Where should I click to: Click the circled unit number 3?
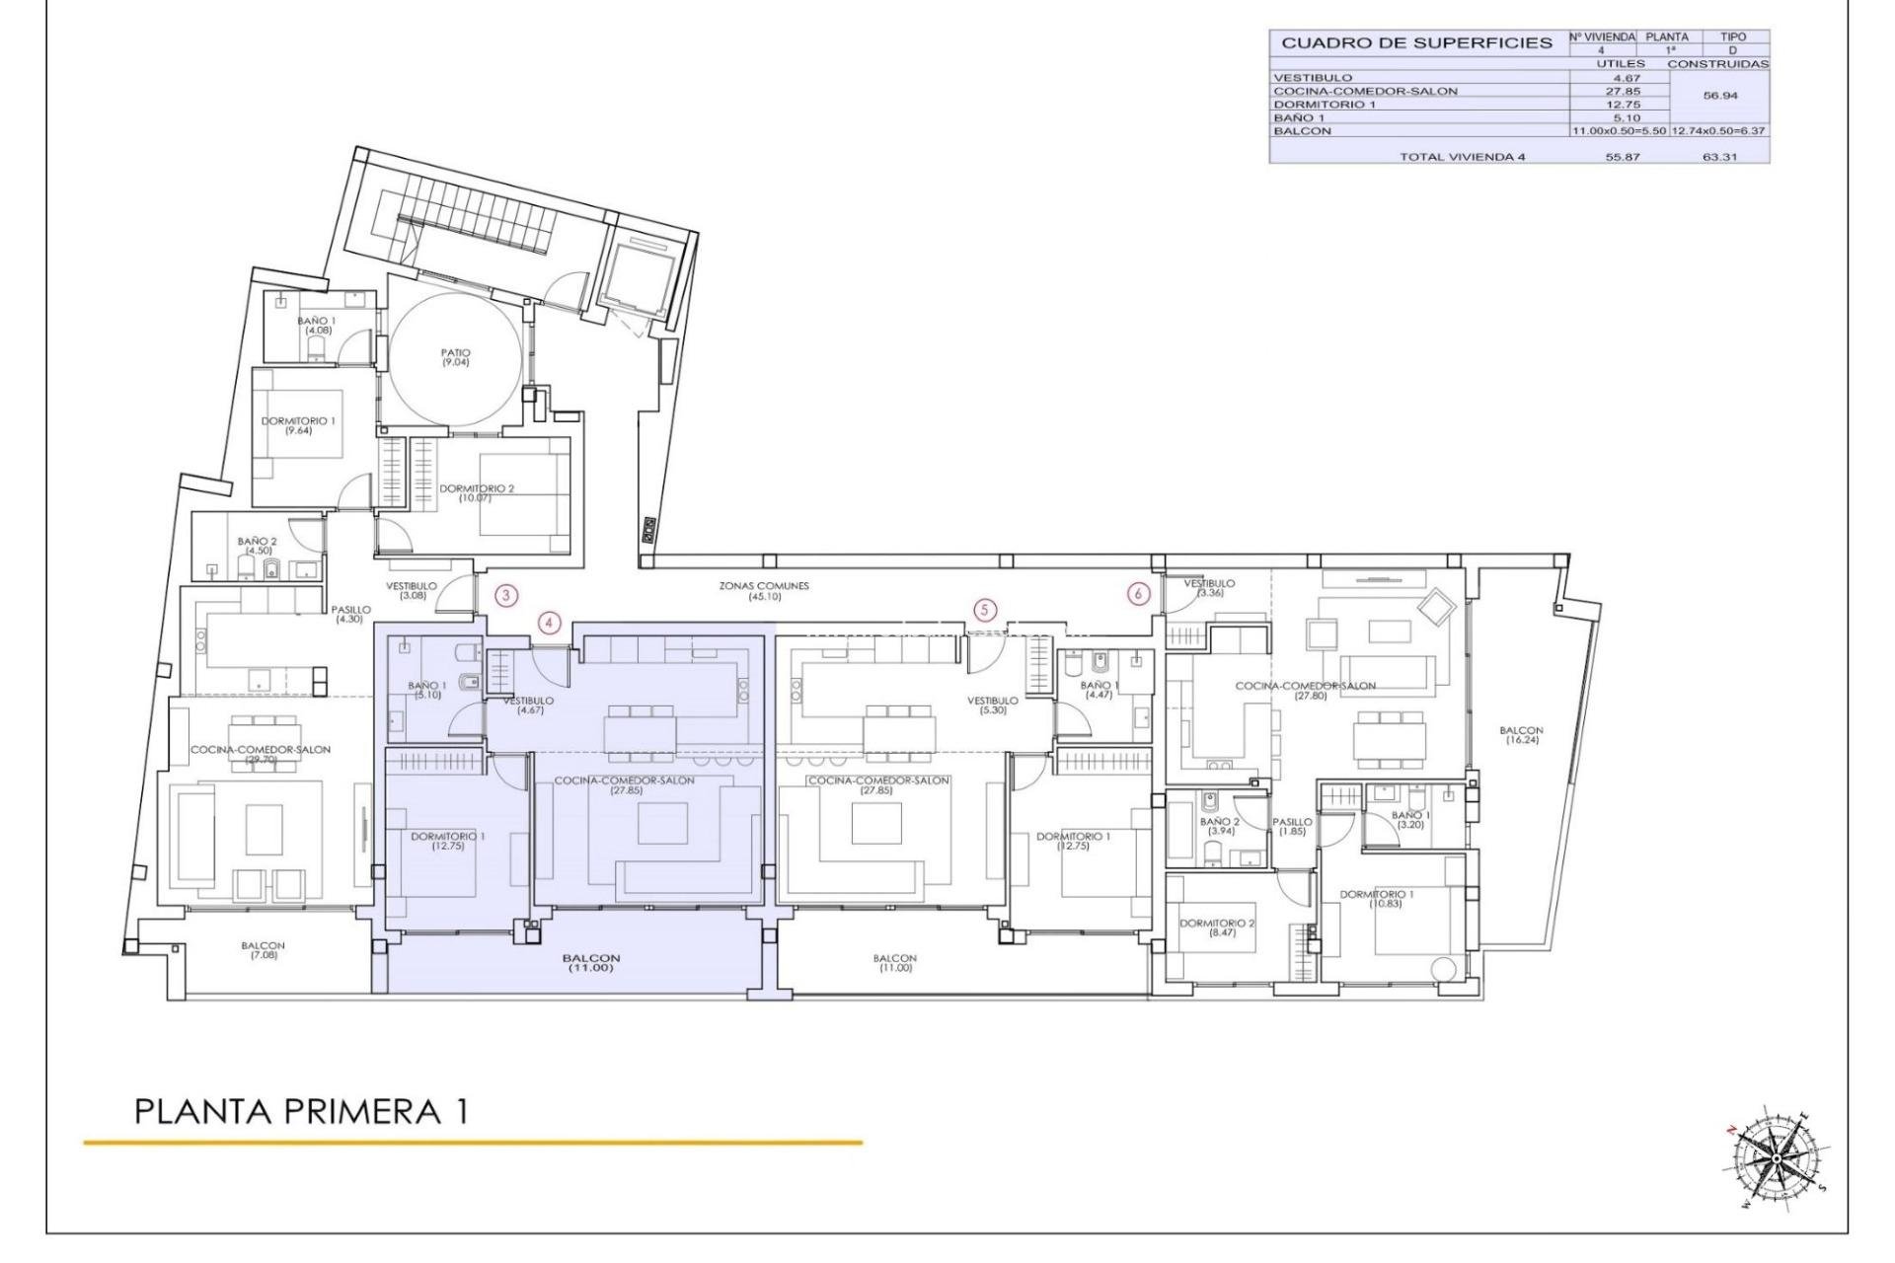[x=505, y=595]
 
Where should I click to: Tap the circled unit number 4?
[x=550, y=623]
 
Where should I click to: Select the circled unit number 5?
[x=984, y=610]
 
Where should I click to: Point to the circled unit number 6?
[x=1139, y=594]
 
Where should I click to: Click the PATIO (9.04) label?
[x=456, y=357]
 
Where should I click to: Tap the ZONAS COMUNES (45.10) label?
[x=764, y=590]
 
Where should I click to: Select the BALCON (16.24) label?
[x=1520, y=735]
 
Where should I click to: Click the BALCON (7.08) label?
[x=264, y=950]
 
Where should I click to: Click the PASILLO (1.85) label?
[x=1292, y=826]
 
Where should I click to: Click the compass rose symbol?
[x=1775, y=1157]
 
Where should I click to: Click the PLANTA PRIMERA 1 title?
[x=301, y=1111]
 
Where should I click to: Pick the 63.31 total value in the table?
[x=1719, y=157]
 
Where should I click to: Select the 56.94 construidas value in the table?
[x=1719, y=97]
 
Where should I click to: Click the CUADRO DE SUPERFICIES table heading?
[x=1416, y=43]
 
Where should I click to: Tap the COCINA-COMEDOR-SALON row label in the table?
[x=1351, y=91]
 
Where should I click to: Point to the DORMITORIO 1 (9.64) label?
[x=298, y=425]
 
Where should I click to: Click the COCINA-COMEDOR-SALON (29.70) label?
[x=261, y=754]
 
